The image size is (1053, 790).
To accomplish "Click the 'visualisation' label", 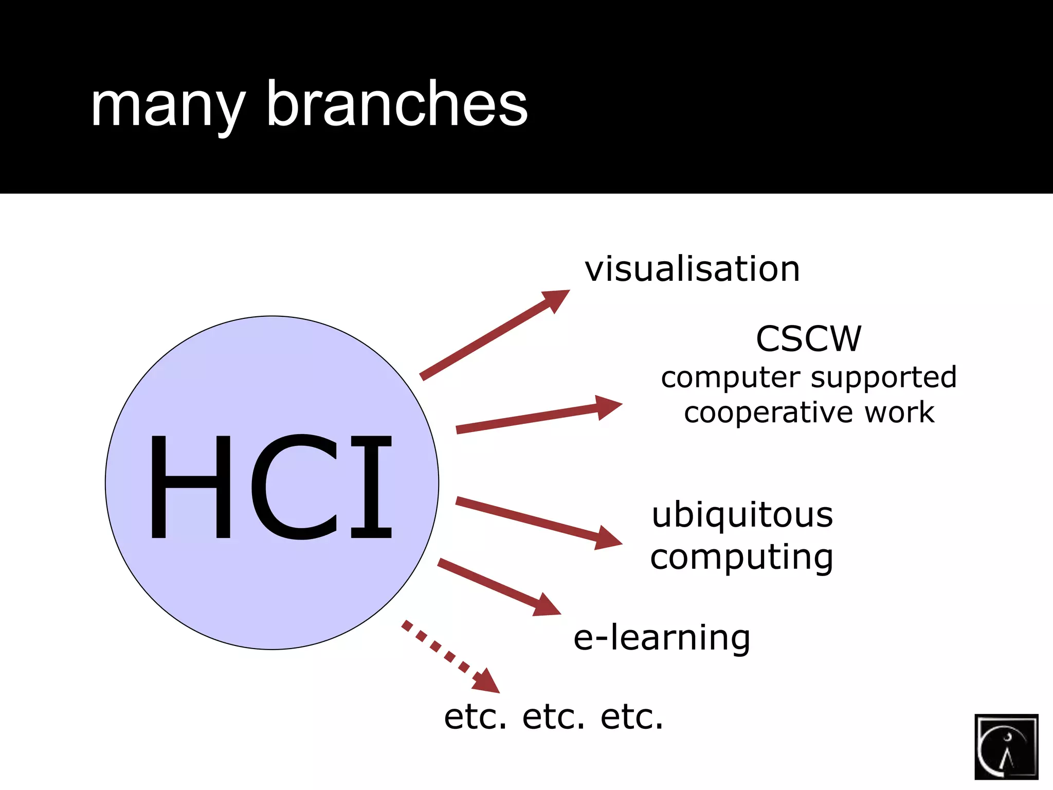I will (692, 269).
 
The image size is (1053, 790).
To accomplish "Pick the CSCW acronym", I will (808, 339).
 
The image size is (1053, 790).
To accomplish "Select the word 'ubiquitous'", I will (742, 515).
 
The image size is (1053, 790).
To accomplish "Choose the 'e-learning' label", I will (662, 638).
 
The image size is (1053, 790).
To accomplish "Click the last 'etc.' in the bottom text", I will (632, 717).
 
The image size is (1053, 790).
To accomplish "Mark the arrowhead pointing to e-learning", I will (546, 606).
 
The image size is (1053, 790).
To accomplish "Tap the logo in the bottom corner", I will (1006, 747).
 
